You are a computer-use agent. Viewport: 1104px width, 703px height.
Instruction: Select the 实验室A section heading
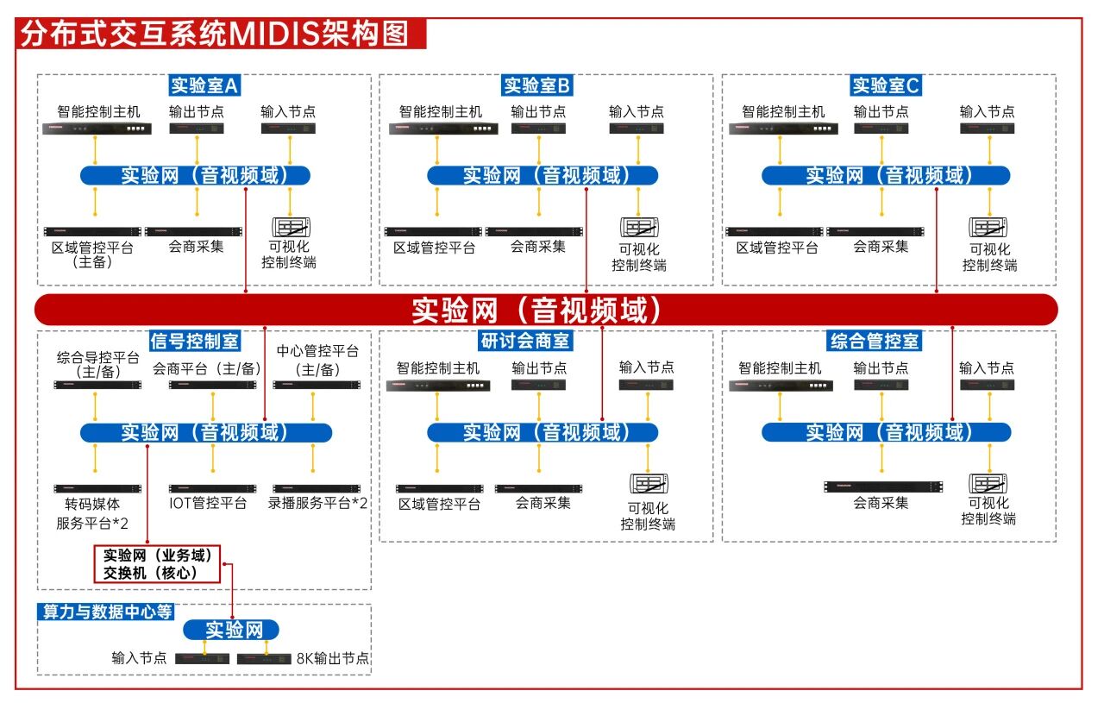[x=204, y=85]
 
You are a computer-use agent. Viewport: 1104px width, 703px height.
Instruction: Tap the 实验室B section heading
[x=537, y=85]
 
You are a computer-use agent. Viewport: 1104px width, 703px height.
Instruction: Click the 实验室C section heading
[x=886, y=85]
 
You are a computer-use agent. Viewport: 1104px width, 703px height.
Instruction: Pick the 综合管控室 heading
[x=874, y=342]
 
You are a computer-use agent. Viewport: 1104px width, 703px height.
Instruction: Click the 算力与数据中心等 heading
[x=107, y=612]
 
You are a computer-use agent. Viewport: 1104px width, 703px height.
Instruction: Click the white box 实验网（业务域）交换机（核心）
[x=157, y=563]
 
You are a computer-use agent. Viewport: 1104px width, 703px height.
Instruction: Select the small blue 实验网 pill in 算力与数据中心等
[x=231, y=630]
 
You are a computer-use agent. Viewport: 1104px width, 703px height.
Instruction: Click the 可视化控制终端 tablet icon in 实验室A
[x=291, y=228]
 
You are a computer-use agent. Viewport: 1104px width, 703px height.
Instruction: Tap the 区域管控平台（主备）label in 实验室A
[x=92, y=254]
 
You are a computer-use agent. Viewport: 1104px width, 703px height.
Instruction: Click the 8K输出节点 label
[x=333, y=658]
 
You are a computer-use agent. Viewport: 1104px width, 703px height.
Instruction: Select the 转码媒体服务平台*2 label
[x=92, y=513]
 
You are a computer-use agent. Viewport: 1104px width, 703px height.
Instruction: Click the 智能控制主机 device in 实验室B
[x=439, y=129]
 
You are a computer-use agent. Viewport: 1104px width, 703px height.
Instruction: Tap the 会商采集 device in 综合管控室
[x=881, y=486]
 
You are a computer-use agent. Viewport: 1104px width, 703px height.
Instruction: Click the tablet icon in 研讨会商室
[x=649, y=484]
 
